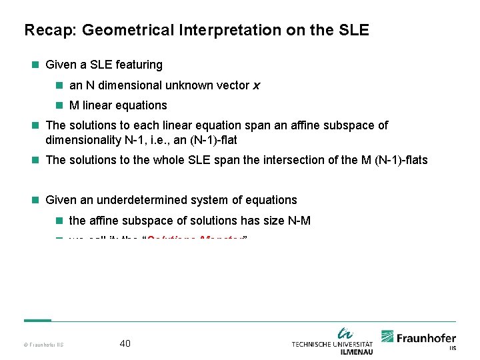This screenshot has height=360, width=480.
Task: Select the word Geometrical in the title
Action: point(117,31)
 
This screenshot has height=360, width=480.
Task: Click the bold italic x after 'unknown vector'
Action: point(257,85)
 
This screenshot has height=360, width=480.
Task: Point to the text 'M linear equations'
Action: point(118,105)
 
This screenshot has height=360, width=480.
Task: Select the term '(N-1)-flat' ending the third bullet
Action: point(213,140)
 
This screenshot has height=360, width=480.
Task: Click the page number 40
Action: point(125,343)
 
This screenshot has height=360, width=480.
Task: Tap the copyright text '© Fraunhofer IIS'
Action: point(43,345)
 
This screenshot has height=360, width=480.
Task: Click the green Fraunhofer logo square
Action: point(387,337)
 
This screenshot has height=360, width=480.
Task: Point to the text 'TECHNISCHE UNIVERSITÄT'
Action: point(332,344)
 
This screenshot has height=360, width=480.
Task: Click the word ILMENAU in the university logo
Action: point(356,351)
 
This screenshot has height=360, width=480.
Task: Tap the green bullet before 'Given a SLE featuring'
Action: point(35,65)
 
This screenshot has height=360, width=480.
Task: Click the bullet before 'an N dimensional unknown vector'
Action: point(59,85)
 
